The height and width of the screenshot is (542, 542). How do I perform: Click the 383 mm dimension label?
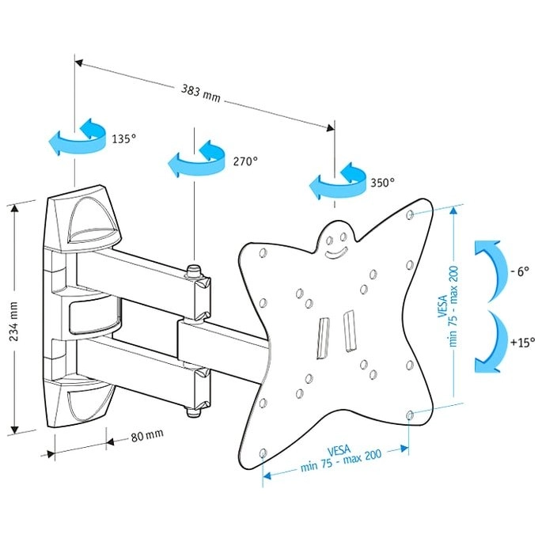pos(201,93)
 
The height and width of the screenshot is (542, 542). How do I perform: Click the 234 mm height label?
pos(13,321)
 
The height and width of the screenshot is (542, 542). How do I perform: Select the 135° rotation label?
pos(123,138)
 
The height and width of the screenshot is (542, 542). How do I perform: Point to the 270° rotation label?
pos(245,161)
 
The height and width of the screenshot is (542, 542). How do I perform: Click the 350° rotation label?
pos(383,182)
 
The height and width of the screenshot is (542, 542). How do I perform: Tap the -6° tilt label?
pos(520,271)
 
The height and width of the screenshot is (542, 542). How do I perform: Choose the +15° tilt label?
pos(523,343)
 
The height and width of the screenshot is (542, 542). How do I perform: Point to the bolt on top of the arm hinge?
pos(195,271)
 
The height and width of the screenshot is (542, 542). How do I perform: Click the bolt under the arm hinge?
pos(194,411)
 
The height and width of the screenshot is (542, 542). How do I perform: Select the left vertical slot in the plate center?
pos(323,339)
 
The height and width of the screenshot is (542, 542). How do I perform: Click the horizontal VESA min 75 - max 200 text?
pos(340,458)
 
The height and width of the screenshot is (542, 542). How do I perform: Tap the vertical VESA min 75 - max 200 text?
pos(448,306)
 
